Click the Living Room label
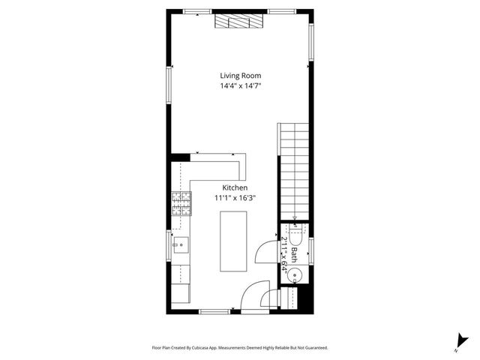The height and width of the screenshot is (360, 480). coord(240,76)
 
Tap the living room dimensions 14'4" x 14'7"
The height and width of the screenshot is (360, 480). coord(240,87)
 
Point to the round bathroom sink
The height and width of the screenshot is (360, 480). coord(295,275)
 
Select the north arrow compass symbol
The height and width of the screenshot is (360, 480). coord(457,343)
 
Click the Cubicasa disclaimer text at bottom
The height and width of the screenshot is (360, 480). coord(240,348)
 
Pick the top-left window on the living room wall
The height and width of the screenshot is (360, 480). coord(197,10)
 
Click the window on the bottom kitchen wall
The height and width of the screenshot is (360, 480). coord(214,311)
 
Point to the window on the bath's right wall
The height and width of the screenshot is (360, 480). coord(311,250)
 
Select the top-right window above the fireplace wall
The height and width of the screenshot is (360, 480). coord(281,10)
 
